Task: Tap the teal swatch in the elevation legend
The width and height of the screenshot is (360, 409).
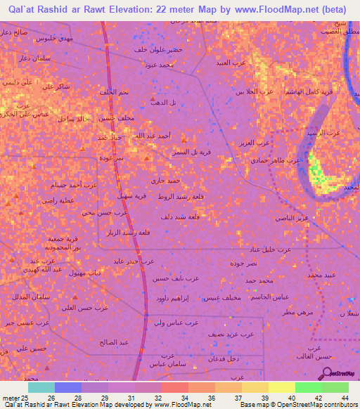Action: pyautogui.click(x=41, y=387)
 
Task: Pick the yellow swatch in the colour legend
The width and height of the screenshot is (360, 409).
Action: pyautogui.click(x=281, y=387)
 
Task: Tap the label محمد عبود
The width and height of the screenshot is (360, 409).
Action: pyautogui.click(x=155, y=65)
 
